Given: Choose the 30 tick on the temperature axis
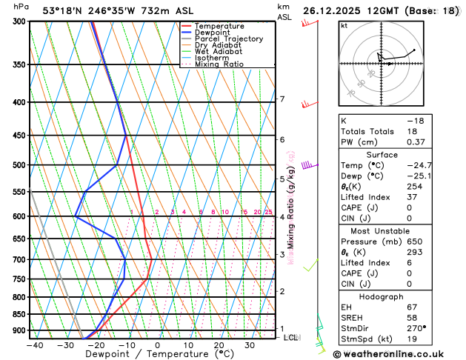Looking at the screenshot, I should pos(250,345).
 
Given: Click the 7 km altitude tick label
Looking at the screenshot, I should pos(282,99).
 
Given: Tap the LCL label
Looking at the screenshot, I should pos(291,338).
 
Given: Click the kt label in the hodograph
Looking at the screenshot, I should pos(344,26).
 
